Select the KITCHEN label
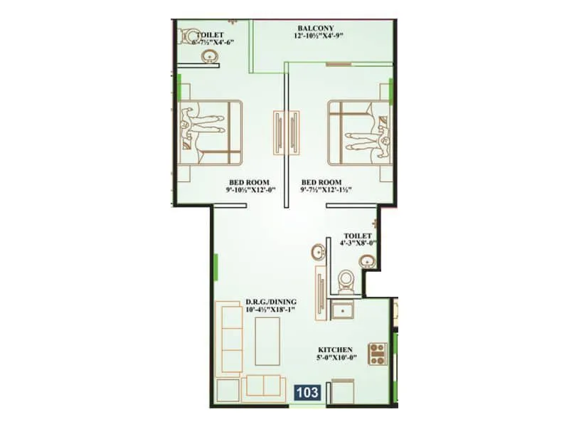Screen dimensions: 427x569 tap(336, 349)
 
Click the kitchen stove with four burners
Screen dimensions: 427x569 tap(378, 354)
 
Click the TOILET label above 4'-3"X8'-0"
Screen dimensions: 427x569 tap(356, 234)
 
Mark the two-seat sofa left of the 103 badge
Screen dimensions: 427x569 tap(263, 387)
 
